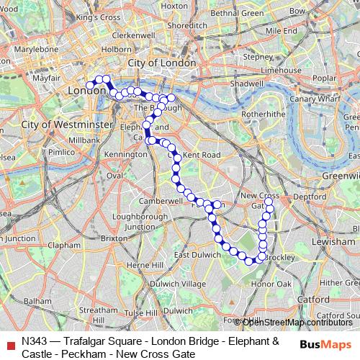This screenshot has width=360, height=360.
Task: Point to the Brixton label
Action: tap(114, 238)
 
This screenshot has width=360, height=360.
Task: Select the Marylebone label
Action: tap(40, 49)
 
